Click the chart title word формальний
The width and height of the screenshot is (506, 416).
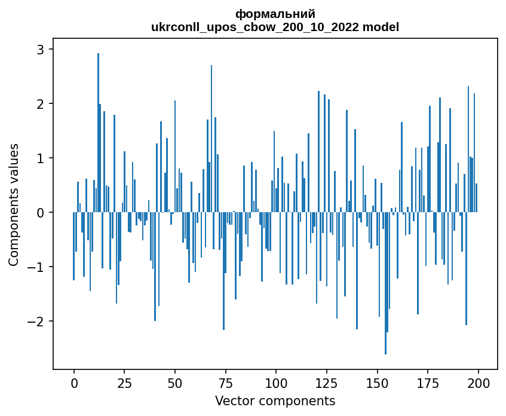[275, 14]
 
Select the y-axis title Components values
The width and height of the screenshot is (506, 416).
[13, 204]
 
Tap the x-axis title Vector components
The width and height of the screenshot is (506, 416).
[275, 400]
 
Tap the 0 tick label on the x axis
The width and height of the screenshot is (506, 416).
[74, 383]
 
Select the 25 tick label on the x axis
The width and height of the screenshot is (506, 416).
[124, 383]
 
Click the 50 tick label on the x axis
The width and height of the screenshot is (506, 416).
[175, 383]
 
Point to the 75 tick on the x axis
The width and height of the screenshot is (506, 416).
[225, 383]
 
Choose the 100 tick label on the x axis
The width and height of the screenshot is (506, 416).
[276, 383]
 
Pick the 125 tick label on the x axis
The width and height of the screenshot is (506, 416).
[327, 383]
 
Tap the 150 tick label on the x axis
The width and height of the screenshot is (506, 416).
[377, 383]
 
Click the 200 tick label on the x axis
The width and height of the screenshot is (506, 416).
[478, 383]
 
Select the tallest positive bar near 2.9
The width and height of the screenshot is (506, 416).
[98, 131]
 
